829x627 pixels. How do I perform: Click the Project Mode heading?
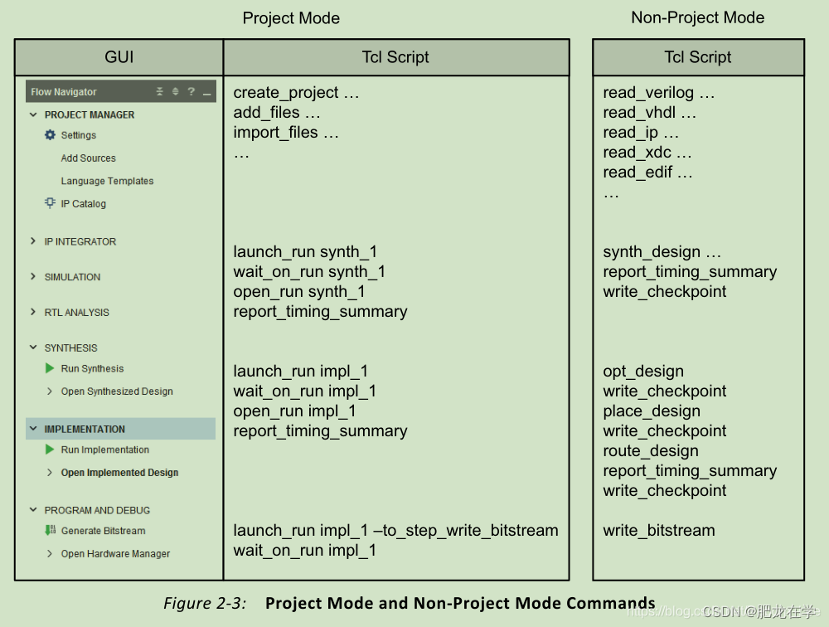[x=291, y=18]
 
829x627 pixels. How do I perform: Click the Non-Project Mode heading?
[x=697, y=17]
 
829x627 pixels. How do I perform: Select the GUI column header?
[x=119, y=57]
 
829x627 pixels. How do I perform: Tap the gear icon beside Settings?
[x=50, y=135]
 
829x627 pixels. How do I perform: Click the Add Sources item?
[x=88, y=158]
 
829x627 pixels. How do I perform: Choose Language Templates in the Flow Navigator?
[x=107, y=181]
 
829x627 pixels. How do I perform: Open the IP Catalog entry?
[x=83, y=204]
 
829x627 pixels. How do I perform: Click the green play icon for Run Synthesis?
[x=50, y=368]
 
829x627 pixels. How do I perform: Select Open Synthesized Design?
[x=117, y=391]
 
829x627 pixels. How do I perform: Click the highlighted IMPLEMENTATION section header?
[x=85, y=429]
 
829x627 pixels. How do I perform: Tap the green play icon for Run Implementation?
[x=50, y=450]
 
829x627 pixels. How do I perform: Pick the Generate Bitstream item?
[x=103, y=531]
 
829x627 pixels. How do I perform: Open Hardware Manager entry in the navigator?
[x=115, y=554]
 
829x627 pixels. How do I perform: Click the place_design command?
[x=652, y=411]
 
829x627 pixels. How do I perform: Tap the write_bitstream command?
[x=658, y=531]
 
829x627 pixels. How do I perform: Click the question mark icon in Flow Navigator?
[x=191, y=92]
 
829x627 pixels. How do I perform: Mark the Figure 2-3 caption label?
[x=205, y=604]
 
